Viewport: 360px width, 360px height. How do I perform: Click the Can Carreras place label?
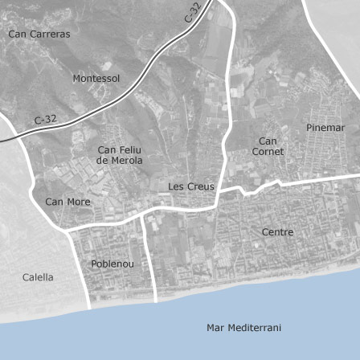click(x=39, y=34)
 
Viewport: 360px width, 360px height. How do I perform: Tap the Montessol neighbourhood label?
click(x=96, y=79)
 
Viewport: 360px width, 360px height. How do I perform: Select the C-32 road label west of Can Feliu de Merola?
click(x=46, y=120)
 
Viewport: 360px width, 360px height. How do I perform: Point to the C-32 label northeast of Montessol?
click(x=192, y=12)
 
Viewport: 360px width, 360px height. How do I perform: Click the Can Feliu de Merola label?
click(x=119, y=155)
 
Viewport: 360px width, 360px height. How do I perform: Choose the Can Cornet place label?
click(x=268, y=146)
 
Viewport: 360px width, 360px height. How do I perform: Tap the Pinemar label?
click(x=325, y=128)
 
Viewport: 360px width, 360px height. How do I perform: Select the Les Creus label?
click(x=191, y=186)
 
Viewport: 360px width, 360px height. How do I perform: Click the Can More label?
click(x=67, y=202)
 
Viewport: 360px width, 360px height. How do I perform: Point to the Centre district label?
click(x=277, y=232)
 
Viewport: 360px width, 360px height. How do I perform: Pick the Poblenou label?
click(x=112, y=264)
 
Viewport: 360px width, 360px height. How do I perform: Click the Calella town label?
click(x=38, y=277)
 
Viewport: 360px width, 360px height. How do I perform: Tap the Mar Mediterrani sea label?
click(x=243, y=328)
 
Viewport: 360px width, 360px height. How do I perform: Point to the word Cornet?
click(x=268, y=152)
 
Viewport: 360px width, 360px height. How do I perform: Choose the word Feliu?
click(x=129, y=149)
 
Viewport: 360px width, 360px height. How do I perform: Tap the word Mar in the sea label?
click(x=215, y=328)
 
